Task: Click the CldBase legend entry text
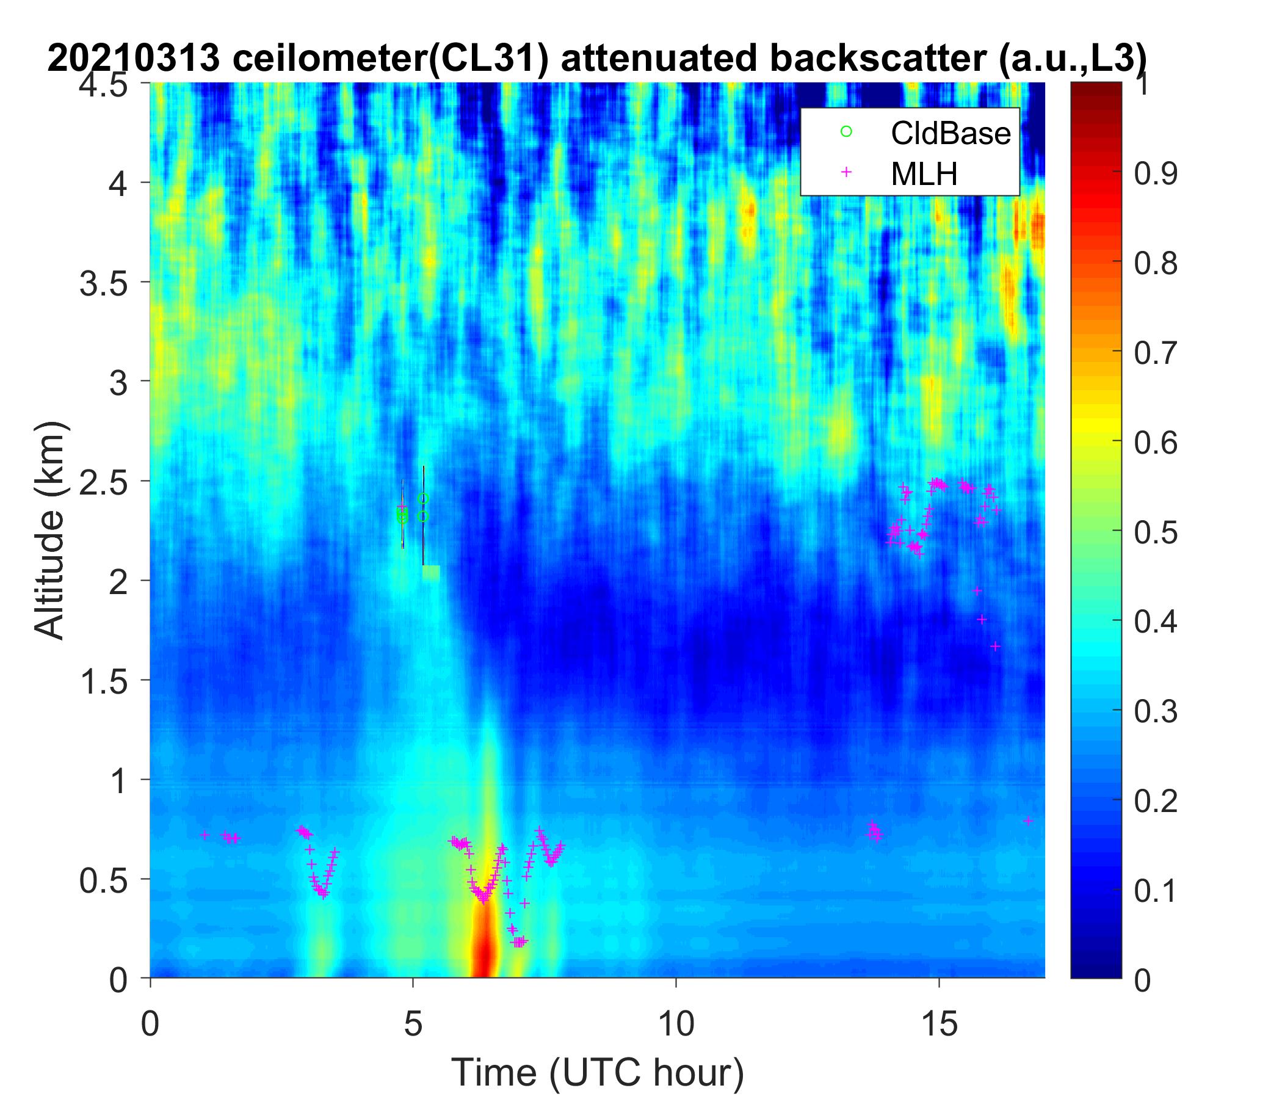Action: click(x=951, y=133)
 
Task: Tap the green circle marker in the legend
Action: click(x=846, y=132)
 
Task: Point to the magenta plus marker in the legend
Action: click(x=846, y=172)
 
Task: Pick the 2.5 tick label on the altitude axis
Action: click(x=103, y=481)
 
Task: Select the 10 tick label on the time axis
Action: click(x=676, y=1024)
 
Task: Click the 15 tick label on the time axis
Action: click(x=940, y=1024)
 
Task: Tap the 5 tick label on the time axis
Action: click(x=413, y=1024)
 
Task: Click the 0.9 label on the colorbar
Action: click(x=1155, y=175)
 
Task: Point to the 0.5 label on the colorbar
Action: click(x=1155, y=532)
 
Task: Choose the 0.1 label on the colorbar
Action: click(x=1155, y=890)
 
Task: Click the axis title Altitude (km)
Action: click(x=49, y=531)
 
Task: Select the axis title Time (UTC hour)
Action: click(x=598, y=1072)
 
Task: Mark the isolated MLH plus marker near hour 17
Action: click(x=1027, y=821)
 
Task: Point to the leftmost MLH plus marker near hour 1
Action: click(x=205, y=835)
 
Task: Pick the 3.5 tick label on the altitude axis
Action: click(x=103, y=282)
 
